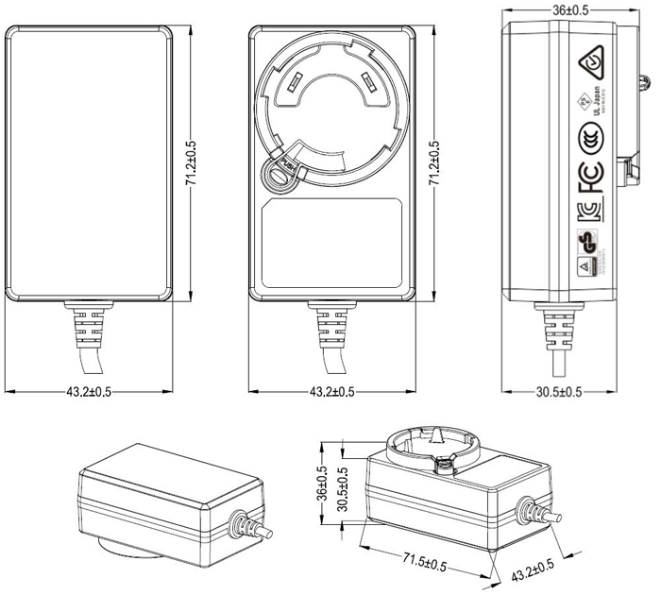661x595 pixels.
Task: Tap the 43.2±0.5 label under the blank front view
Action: pos(89,393)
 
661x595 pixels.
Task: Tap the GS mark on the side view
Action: pos(587,240)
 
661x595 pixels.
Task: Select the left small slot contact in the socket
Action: pos(293,84)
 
